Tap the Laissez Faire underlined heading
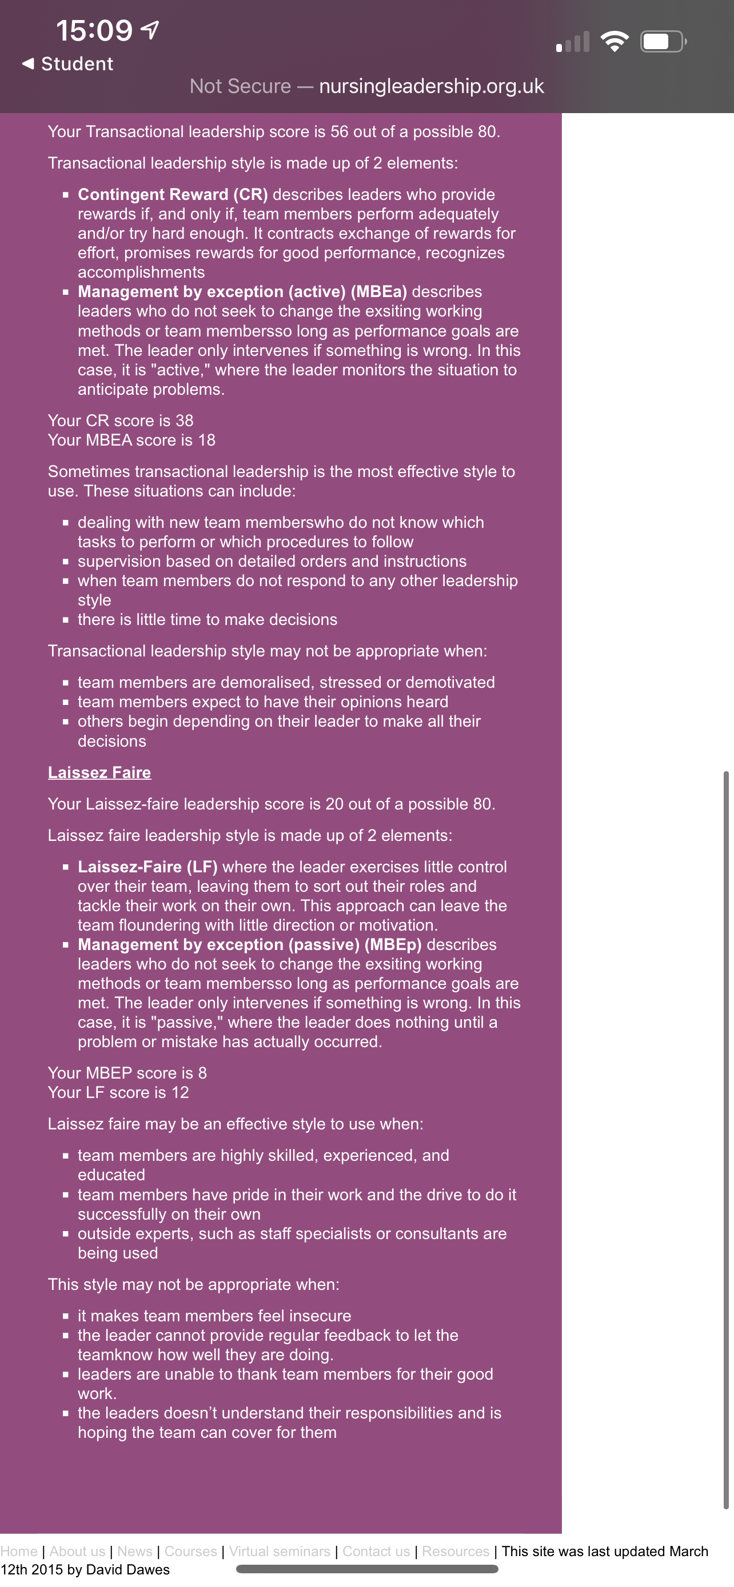[x=99, y=772]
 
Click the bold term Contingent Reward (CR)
[x=173, y=195]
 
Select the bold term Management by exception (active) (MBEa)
[x=242, y=292]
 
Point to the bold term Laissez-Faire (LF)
[x=147, y=867]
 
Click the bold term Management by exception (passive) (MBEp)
[x=250, y=944]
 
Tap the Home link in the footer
[x=19, y=1551]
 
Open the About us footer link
[x=77, y=1551]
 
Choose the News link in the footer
[x=134, y=1551]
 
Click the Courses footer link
[x=190, y=1551]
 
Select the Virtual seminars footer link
[x=279, y=1551]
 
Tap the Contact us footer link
[x=376, y=1551]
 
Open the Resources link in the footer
[x=456, y=1551]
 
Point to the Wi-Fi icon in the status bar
[x=614, y=42]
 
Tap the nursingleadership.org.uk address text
[x=432, y=86]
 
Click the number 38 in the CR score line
[x=184, y=421]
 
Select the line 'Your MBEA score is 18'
[x=132, y=440]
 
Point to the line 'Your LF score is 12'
[x=118, y=1093]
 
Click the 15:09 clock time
[x=94, y=31]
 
